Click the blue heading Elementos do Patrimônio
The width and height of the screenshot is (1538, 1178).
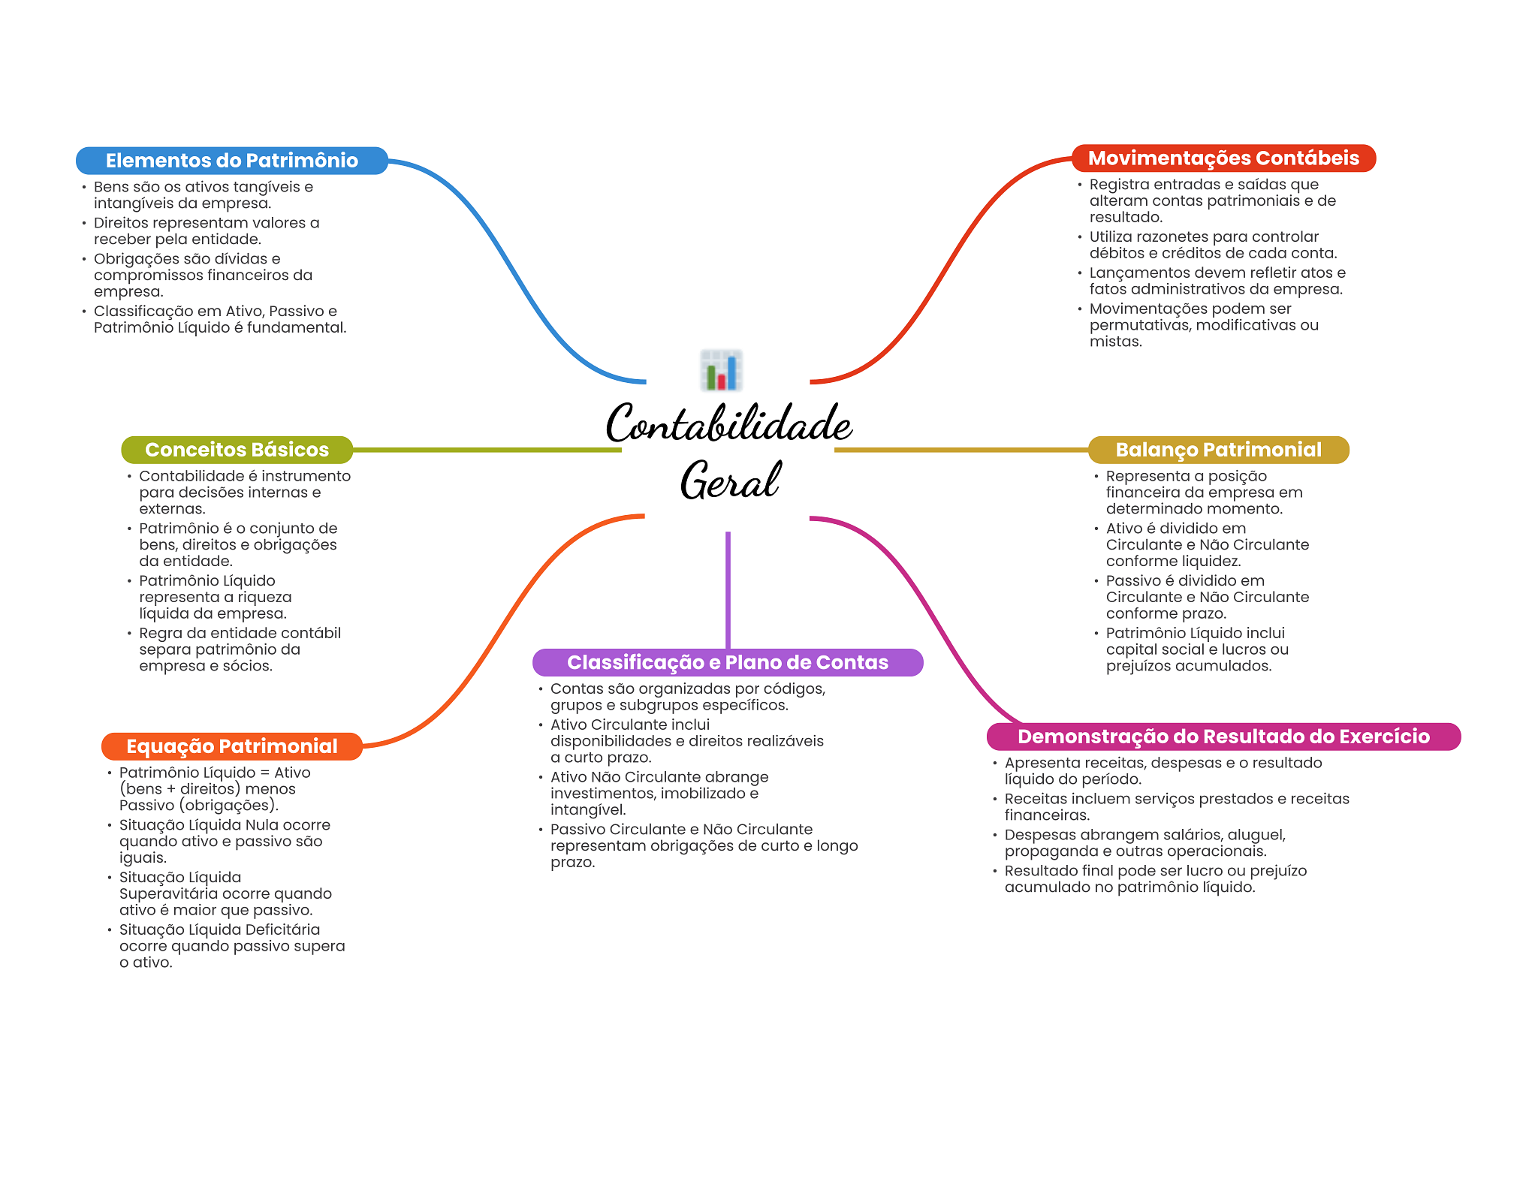click(x=231, y=161)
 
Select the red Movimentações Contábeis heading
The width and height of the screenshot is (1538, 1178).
click(x=1223, y=158)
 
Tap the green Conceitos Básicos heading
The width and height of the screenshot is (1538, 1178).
click(x=237, y=450)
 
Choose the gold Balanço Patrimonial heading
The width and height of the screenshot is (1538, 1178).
click(x=1218, y=450)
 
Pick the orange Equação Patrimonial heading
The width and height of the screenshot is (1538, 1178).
click(x=231, y=746)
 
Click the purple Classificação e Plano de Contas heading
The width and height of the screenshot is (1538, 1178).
click(x=727, y=662)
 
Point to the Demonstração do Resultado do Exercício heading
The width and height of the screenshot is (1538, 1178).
click(x=1223, y=737)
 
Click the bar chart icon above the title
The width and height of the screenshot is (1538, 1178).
click(x=721, y=370)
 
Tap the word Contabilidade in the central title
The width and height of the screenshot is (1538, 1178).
click(x=728, y=424)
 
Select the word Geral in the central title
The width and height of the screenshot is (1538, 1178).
click(x=730, y=481)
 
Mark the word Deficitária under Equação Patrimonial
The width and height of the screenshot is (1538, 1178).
click(x=282, y=930)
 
